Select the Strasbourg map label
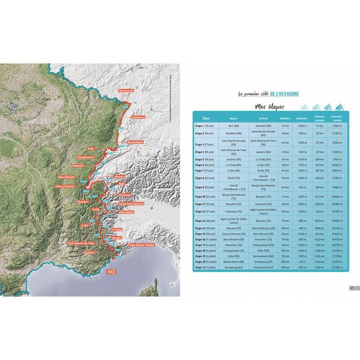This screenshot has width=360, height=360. (138, 117)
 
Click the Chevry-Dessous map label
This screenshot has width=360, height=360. (65, 185)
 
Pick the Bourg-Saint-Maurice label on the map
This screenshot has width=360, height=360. (131, 203)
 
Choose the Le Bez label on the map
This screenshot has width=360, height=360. (85, 225)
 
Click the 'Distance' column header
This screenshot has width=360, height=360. (285, 118)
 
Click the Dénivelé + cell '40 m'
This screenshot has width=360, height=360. (302, 261)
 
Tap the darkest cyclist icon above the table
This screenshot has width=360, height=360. (339, 107)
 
